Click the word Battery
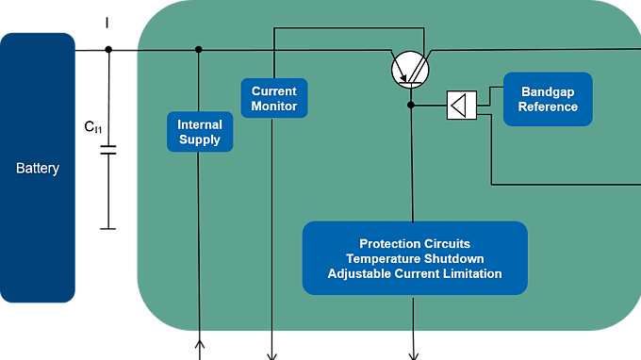click(38, 169)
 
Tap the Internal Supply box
click(200, 132)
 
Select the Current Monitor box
click(274, 98)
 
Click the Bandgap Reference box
click(548, 99)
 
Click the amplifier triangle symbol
click(461, 105)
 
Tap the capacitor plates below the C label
click(108, 151)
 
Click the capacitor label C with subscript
click(92, 126)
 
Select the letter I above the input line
click(108, 22)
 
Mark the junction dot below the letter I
click(108, 50)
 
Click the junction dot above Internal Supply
click(199, 50)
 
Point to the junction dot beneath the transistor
click(411, 105)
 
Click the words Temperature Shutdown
click(415, 258)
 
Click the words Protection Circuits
click(415, 243)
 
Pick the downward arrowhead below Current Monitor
click(271, 355)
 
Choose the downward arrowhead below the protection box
click(413, 355)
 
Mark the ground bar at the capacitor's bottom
click(108, 228)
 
